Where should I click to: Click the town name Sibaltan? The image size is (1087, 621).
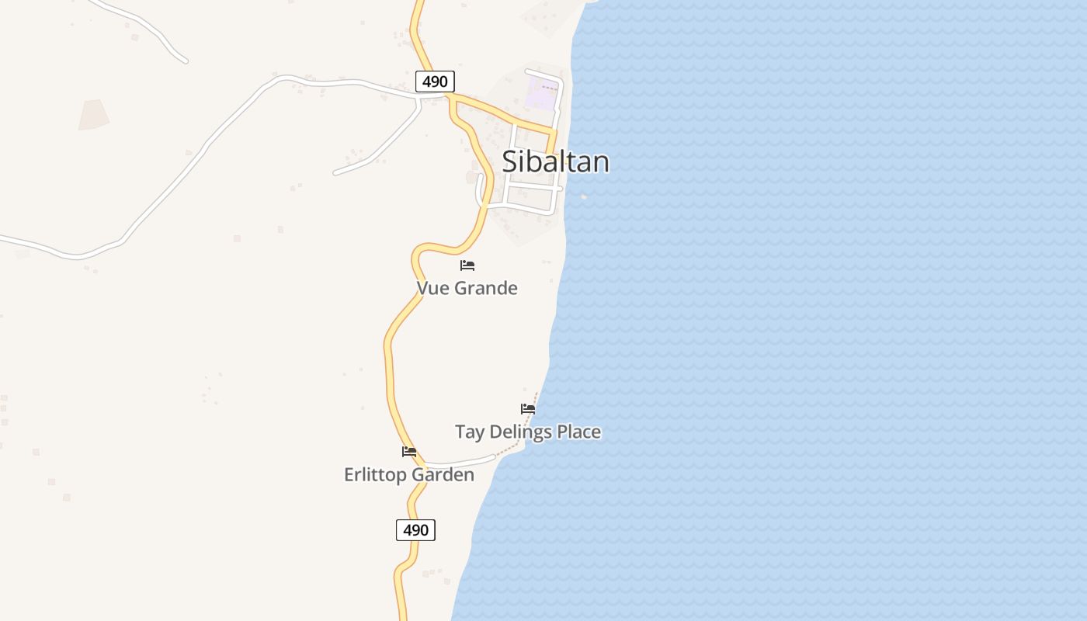555,161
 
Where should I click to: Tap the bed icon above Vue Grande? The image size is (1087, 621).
467,265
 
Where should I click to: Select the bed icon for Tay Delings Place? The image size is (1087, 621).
528,409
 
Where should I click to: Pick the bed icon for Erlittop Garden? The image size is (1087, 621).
409,452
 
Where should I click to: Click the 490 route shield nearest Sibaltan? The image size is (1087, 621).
435,82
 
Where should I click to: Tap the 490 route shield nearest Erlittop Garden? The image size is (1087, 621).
416,530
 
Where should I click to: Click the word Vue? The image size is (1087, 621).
433,288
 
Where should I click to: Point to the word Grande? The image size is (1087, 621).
486,288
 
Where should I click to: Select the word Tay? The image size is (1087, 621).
469,432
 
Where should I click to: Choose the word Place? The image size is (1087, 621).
579,432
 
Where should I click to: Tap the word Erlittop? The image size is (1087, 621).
375,474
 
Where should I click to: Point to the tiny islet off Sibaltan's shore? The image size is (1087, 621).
584,197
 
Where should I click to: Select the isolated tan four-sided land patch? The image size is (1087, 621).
93,115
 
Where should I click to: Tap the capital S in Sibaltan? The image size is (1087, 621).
510,161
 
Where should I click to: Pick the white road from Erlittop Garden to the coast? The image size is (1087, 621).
462,462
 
